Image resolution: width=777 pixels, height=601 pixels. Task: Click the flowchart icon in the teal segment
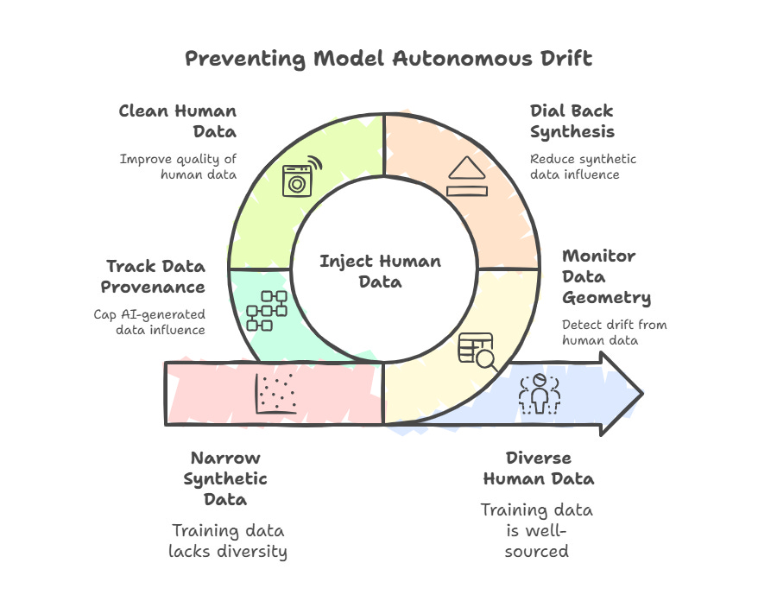coord(267,310)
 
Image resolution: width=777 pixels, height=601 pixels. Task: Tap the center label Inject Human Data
coord(381,271)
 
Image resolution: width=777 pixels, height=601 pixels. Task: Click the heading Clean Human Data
coord(178,122)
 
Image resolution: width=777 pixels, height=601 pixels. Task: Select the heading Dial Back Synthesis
coord(572,122)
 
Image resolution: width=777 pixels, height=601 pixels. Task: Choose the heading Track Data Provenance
coord(155,276)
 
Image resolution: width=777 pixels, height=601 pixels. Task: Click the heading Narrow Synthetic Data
coord(229,478)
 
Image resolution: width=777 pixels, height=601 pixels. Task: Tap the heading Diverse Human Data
coord(538,468)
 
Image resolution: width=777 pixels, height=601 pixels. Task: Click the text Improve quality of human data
coord(179,166)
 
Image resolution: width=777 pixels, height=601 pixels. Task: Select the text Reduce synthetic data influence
coord(583,166)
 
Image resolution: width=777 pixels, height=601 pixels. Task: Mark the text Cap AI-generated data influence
coord(149,322)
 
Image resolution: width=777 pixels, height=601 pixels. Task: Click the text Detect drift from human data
coord(614,332)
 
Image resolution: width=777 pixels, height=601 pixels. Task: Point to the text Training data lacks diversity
coord(229,540)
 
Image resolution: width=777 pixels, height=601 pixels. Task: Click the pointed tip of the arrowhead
coord(641,395)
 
